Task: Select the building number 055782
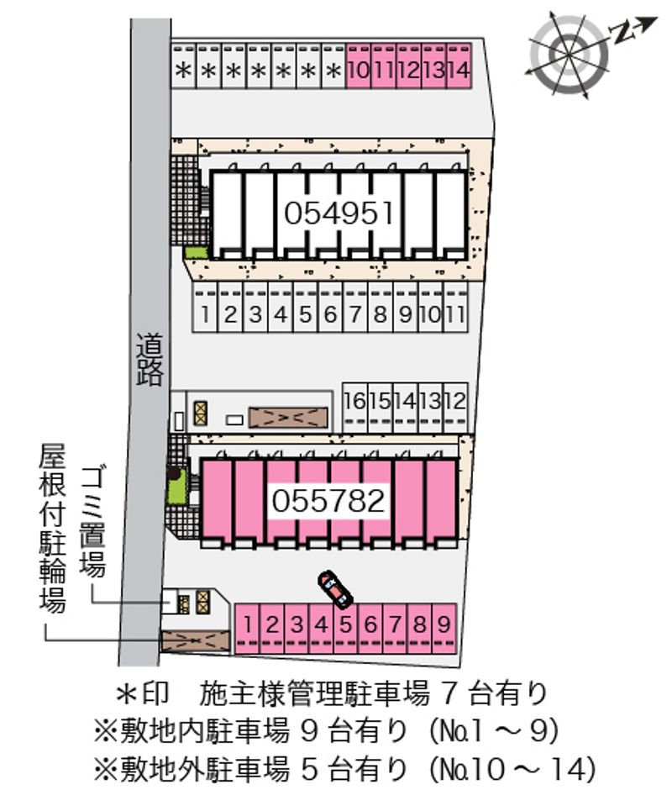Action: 328,501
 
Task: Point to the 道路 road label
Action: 150,360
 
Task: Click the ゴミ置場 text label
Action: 92,522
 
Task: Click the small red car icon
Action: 335,589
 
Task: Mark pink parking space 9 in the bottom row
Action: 444,624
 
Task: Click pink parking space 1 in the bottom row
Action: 249,624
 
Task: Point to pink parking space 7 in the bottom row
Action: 395,624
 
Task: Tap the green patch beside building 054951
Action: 195,252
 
